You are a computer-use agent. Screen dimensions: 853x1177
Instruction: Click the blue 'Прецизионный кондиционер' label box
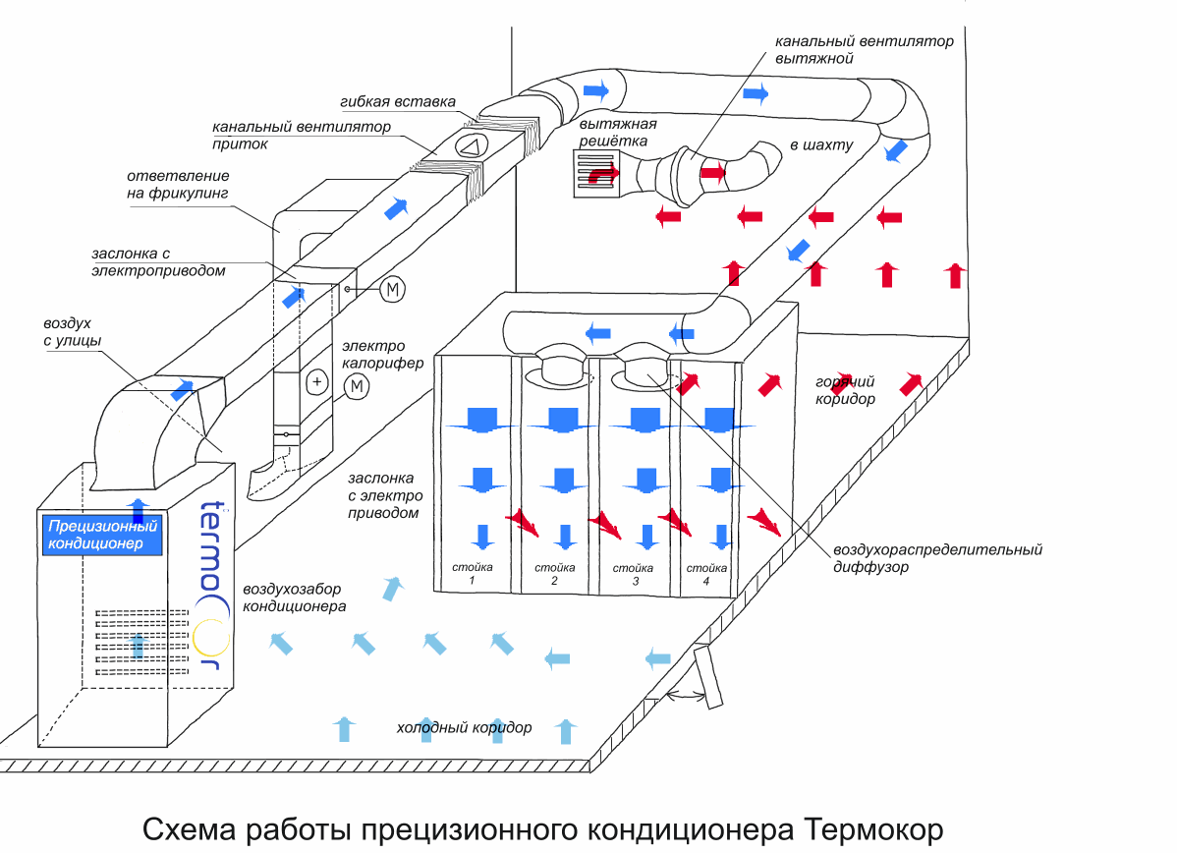(x=100, y=536)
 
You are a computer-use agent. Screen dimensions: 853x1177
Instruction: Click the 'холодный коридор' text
(x=464, y=728)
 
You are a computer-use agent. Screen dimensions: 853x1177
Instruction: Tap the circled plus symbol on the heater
(x=316, y=380)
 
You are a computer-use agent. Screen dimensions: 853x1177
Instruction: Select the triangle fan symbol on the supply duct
(x=470, y=147)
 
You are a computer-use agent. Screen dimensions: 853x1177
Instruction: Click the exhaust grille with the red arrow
(x=597, y=174)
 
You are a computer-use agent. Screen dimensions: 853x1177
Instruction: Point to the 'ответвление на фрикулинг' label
(x=177, y=185)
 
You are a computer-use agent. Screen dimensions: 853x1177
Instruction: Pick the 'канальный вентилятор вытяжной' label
(x=864, y=50)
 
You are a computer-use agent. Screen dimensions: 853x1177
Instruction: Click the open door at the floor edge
(x=707, y=676)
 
